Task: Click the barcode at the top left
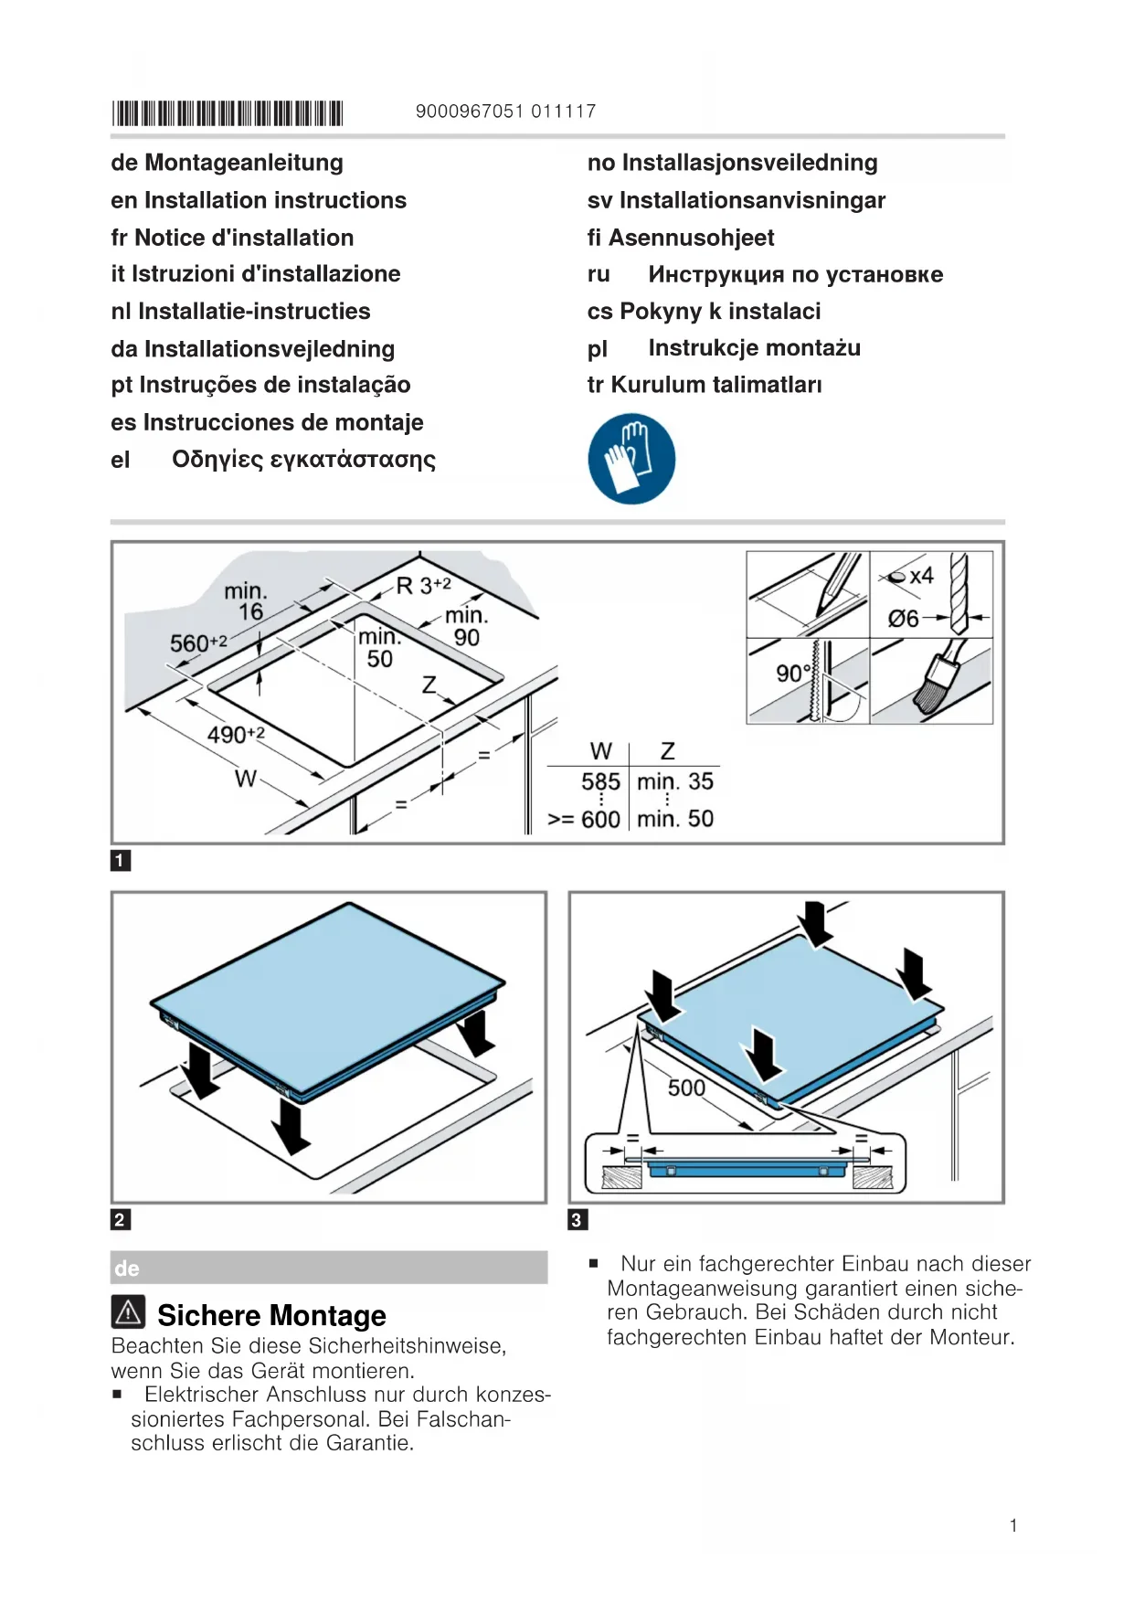click(x=227, y=113)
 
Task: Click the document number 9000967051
click(x=470, y=111)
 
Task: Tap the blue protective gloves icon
click(x=631, y=459)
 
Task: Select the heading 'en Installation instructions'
click(x=259, y=200)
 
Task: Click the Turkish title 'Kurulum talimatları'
click(x=716, y=385)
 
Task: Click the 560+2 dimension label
click(x=197, y=643)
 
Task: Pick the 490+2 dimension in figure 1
click(x=235, y=735)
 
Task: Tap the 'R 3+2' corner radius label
click(x=423, y=586)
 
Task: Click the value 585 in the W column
click(x=600, y=782)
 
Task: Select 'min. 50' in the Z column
click(x=675, y=819)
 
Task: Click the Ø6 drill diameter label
click(x=904, y=619)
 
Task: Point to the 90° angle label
click(x=793, y=674)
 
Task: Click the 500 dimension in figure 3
click(x=686, y=1088)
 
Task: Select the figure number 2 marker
click(x=120, y=1219)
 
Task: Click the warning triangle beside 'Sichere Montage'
click(x=129, y=1312)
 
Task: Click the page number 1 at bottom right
click(x=1013, y=1525)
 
